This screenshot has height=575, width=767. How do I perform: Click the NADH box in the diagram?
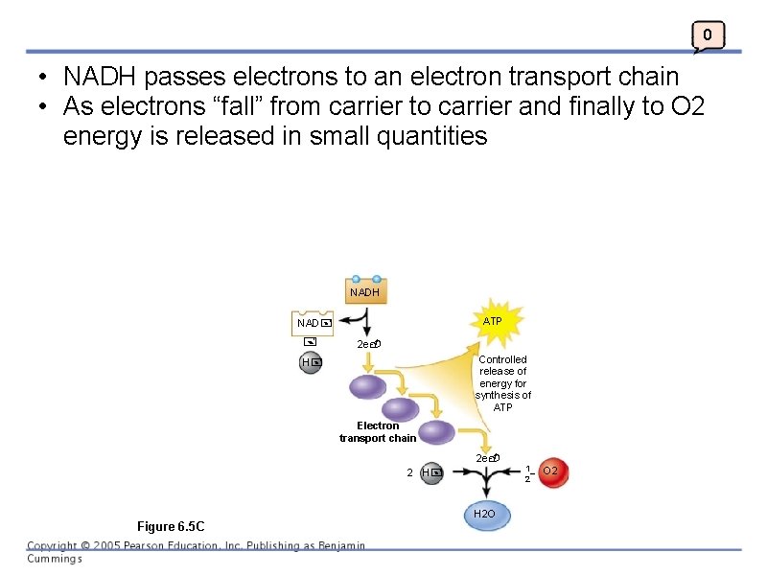(364, 291)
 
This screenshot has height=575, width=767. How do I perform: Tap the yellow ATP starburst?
(492, 322)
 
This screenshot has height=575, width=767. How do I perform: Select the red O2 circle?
(551, 471)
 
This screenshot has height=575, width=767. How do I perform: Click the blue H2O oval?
(486, 515)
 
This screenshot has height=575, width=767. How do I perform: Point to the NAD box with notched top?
(314, 323)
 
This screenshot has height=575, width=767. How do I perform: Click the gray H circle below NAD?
(311, 363)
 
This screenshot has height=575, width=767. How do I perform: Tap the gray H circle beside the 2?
(431, 472)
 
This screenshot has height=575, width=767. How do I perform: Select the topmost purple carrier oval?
(367, 387)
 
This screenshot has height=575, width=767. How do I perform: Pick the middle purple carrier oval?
(401, 409)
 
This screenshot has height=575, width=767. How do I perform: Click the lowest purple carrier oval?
(436, 432)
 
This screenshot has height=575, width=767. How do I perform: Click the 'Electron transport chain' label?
(378, 432)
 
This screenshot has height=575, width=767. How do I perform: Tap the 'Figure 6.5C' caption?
(171, 526)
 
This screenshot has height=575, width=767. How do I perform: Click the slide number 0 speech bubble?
(708, 36)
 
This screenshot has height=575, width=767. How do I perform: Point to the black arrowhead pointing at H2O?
(486, 494)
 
